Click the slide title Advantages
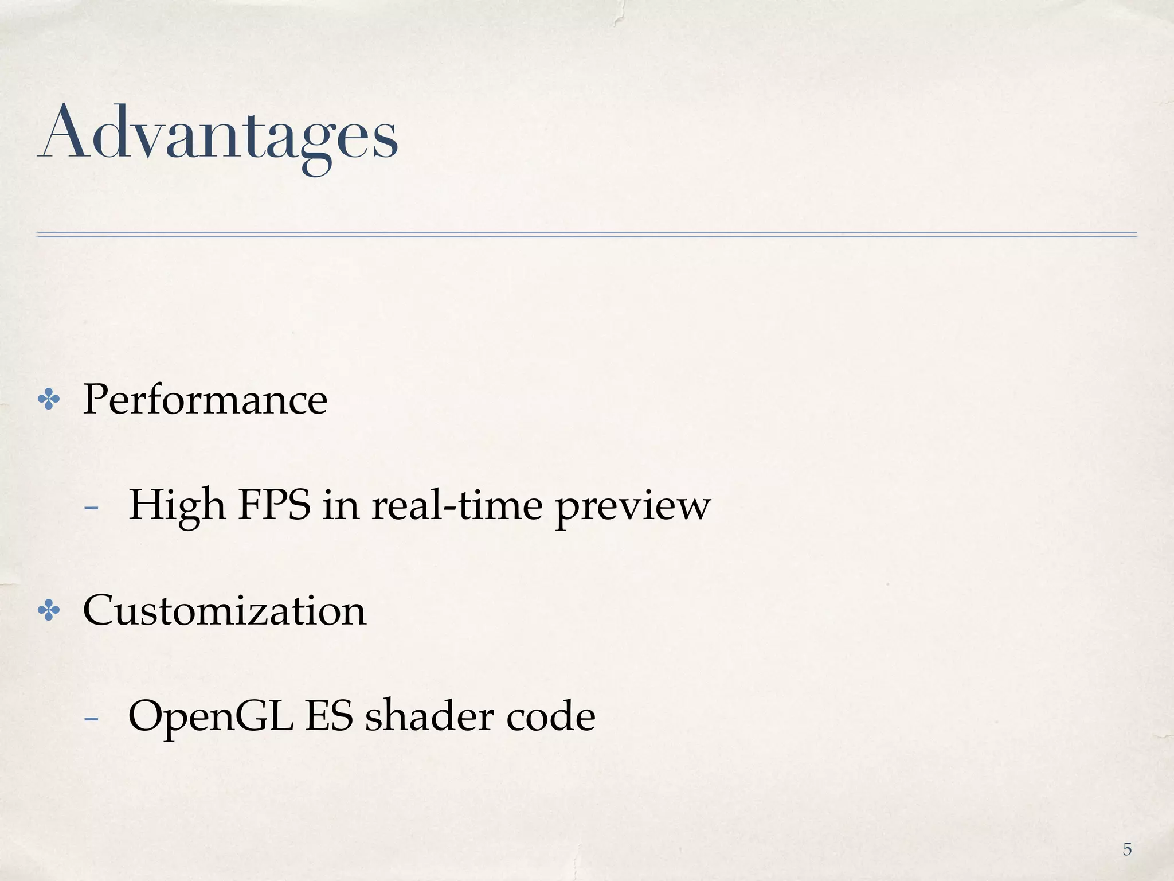coord(218,135)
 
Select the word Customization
coord(224,610)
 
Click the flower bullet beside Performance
coord(49,400)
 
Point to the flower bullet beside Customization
coord(49,611)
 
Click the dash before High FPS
coord(91,508)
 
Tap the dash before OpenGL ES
coord(91,718)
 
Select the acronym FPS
coord(274,505)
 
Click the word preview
coord(633,508)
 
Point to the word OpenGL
coord(210,717)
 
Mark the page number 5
coord(1127,849)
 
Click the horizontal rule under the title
coord(587,234)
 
